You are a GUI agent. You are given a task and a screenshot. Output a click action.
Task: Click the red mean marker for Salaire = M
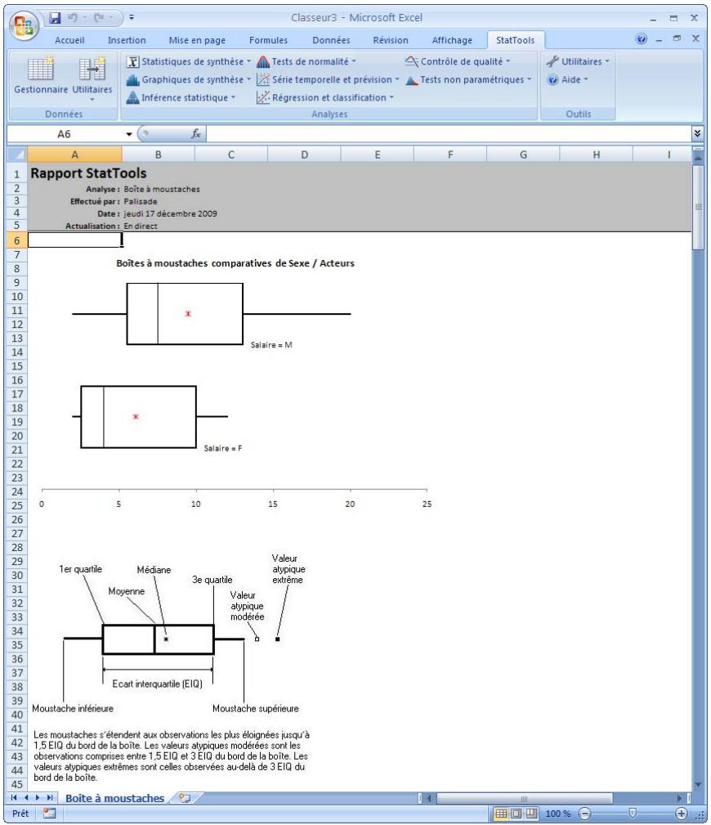pyautogui.click(x=188, y=314)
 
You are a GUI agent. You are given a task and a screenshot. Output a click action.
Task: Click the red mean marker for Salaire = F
pyautogui.click(x=136, y=416)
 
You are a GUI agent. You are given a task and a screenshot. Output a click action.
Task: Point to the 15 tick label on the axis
pyautogui.click(x=273, y=504)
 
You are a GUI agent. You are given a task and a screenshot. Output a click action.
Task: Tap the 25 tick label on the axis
pyautogui.click(x=426, y=504)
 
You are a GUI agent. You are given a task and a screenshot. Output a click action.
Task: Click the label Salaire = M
pyautogui.click(x=271, y=345)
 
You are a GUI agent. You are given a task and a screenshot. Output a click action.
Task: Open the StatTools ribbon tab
pyautogui.click(x=514, y=39)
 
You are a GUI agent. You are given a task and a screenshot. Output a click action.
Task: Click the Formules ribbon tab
pyautogui.click(x=269, y=39)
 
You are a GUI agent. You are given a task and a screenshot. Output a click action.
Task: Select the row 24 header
pyautogui.click(x=14, y=491)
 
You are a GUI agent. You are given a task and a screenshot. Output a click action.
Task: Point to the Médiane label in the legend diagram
pyautogui.click(x=154, y=570)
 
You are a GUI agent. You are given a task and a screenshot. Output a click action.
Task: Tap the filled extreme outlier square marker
pyautogui.click(x=277, y=639)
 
